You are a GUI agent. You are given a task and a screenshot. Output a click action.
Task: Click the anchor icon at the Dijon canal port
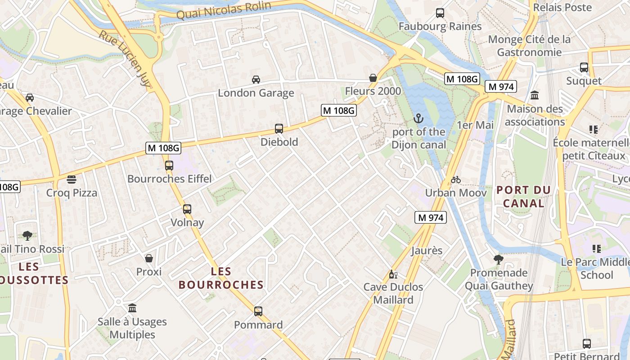(418, 118)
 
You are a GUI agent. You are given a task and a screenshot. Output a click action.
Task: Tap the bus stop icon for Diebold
(279, 129)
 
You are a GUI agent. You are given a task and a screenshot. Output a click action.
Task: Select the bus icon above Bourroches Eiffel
(169, 165)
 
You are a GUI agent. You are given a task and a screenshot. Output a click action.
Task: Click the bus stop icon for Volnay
(187, 209)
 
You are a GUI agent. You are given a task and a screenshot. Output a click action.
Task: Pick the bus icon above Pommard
(258, 311)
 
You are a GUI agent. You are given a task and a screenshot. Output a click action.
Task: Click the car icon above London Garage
(256, 80)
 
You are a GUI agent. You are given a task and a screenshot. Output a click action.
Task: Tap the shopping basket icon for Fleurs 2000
(373, 78)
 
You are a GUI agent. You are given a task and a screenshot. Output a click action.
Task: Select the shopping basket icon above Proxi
(149, 258)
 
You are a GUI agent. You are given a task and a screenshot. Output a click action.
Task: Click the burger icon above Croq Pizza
(72, 180)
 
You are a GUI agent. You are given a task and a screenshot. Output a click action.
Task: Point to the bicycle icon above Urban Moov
(456, 180)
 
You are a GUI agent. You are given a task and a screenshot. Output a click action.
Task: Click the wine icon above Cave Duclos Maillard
(393, 274)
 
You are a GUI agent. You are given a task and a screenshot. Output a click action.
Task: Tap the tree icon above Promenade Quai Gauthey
(498, 259)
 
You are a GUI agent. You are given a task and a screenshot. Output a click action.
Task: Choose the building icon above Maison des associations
(535, 95)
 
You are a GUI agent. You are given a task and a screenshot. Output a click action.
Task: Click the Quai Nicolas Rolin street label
(224, 10)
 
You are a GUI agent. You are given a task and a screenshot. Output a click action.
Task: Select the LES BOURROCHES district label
(221, 278)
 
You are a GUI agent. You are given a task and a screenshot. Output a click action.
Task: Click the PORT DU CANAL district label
(523, 197)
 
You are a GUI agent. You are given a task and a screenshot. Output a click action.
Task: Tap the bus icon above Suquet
(584, 67)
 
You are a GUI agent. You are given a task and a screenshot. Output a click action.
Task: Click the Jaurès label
(427, 251)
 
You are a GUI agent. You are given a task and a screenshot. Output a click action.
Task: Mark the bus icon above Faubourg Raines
(440, 13)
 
